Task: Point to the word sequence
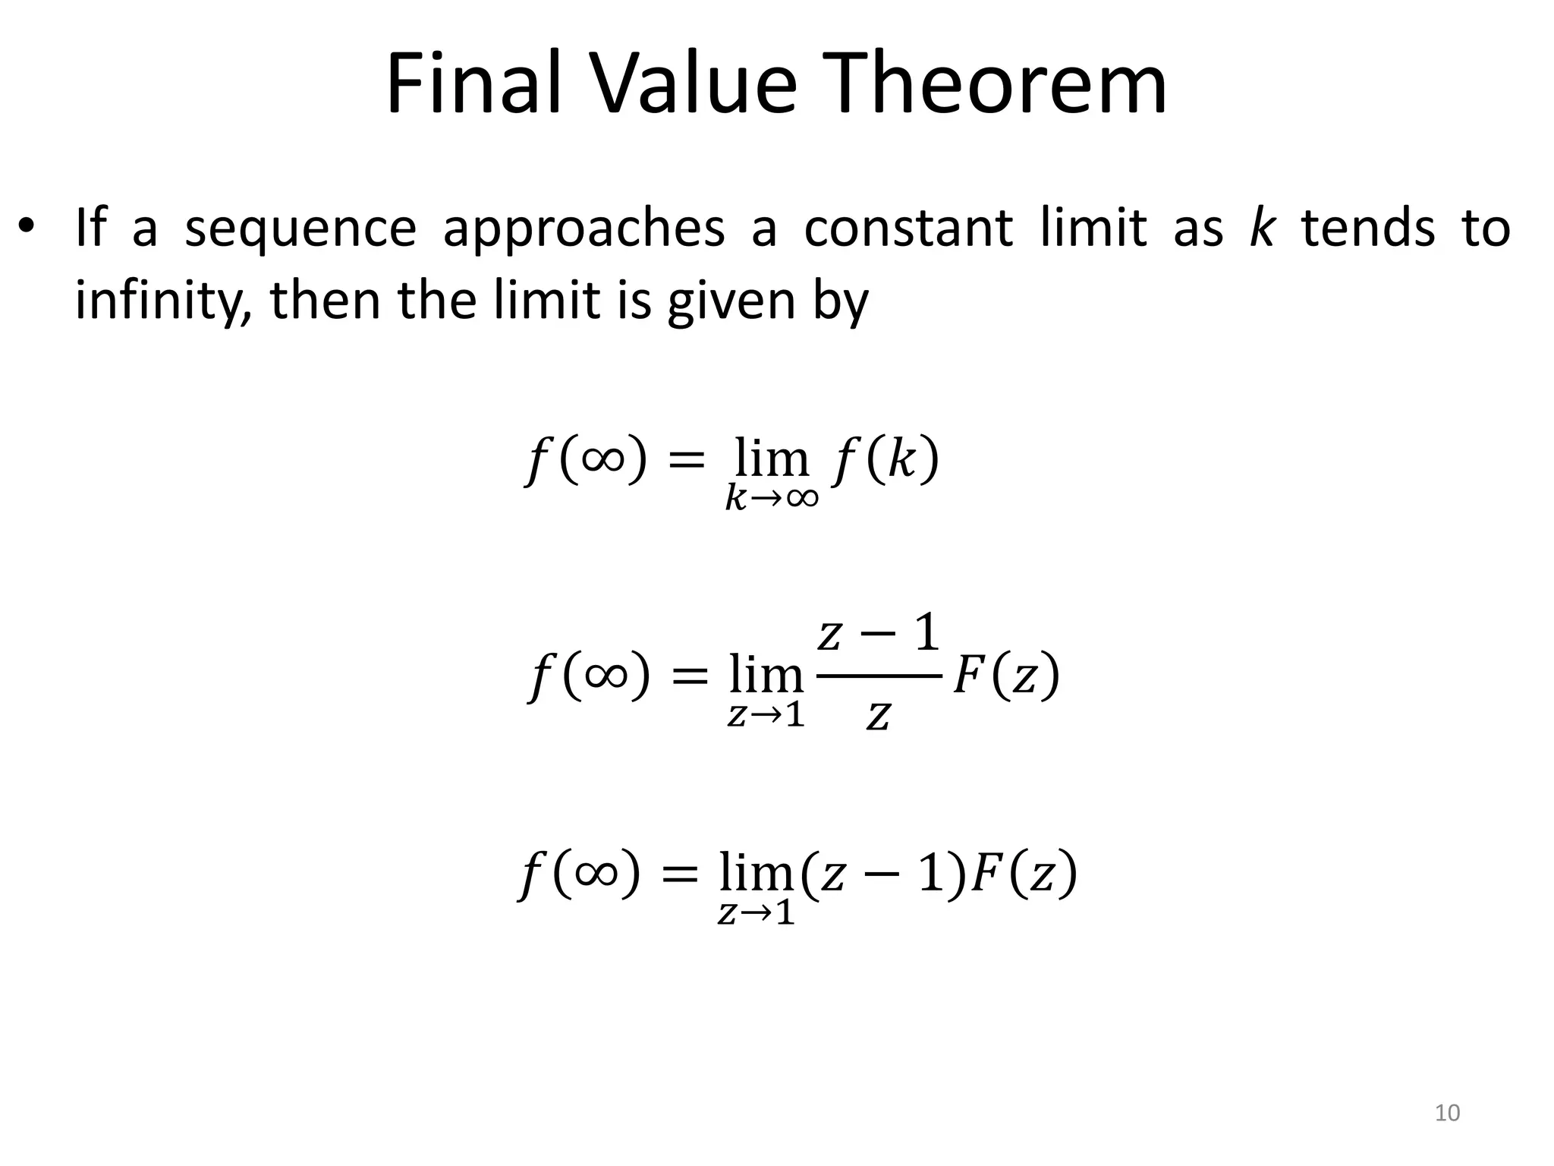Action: tap(300, 228)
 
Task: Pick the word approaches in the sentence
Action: tap(584, 228)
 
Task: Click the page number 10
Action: tap(1448, 1113)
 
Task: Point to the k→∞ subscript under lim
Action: tap(772, 498)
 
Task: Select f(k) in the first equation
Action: tap(886, 460)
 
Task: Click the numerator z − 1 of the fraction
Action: tap(879, 635)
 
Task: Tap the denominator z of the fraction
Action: tap(878, 716)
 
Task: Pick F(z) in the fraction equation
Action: tap(1005, 675)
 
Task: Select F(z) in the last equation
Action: tap(1024, 874)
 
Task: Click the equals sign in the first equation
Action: tap(684, 462)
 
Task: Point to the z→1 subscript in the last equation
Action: tap(756, 912)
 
